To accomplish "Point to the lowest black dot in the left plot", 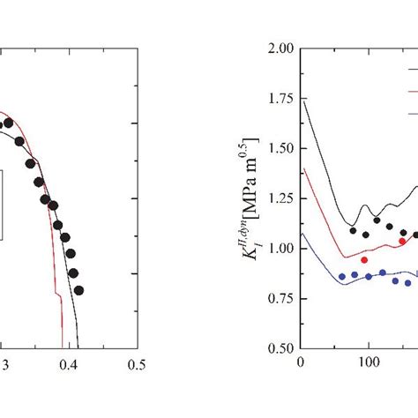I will pyautogui.click(x=78, y=290).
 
